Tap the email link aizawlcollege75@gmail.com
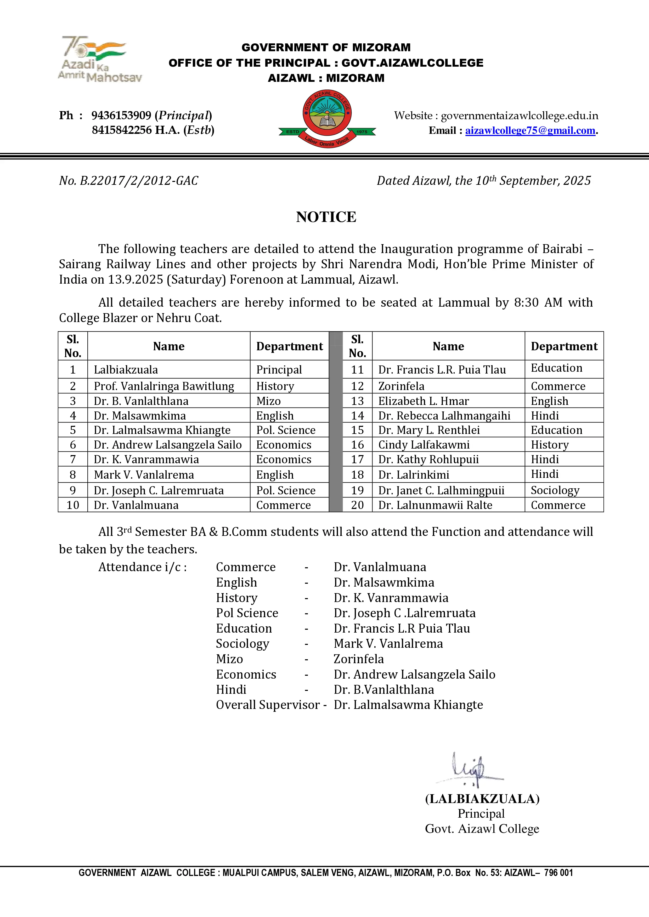pos(530,131)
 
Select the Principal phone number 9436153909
pos(121,116)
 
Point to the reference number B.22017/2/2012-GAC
pos(139,181)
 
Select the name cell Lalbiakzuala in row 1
pos(126,370)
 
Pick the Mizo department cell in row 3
pos(269,401)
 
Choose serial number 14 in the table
pos(357,416)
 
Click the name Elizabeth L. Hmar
pos(423,401)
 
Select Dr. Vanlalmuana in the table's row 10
pos(136,505)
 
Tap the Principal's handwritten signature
pos(470,771)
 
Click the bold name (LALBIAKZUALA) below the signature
pos(482,799)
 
